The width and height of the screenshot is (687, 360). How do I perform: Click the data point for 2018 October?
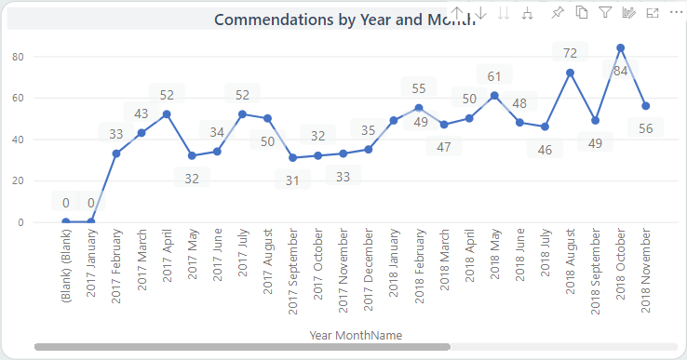point(621,47)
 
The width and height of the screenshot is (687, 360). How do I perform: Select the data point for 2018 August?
point(571,73)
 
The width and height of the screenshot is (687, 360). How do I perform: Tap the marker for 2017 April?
point(167,114)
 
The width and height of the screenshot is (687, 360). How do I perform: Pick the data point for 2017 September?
point(292,157)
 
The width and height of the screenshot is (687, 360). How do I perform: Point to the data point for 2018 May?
point(494,95)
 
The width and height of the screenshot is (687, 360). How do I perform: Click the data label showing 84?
point(620,71)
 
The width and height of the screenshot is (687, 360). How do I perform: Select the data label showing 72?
point(570,52)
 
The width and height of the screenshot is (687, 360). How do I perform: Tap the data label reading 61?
point(494,75)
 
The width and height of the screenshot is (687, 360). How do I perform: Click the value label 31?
point(292,180)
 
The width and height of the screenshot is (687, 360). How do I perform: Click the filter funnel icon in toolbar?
point(605,13)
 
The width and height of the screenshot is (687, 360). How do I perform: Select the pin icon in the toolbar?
point(558,13)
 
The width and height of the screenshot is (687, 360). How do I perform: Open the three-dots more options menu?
point(676,13)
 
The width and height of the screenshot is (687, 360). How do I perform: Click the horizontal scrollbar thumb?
point(242,347)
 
